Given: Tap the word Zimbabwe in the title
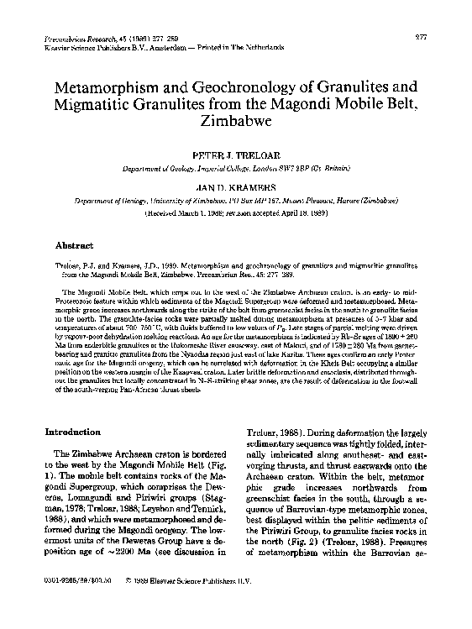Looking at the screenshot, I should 236,120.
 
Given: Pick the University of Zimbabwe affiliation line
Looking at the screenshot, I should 236,202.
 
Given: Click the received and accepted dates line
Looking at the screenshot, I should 236,214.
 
